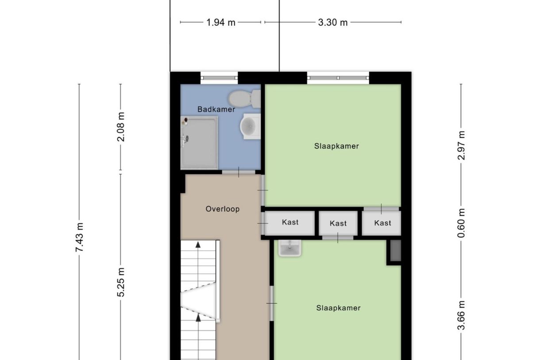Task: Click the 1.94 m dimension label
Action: point(221,23)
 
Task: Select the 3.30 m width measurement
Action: point(333,23)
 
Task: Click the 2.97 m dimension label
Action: point(461,145)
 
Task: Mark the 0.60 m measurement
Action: point(461,223)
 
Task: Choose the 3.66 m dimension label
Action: point(461,315)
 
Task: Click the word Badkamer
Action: point(216,109)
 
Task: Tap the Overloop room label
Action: point(223,209)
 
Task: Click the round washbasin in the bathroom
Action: point(250,127)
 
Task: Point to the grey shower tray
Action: point(199,143)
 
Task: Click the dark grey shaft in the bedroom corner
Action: point(394,252)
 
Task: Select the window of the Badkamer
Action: point(219,78)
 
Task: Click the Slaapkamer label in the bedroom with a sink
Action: point(338,308)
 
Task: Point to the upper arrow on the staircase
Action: point(199,244)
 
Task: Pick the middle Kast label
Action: point(338,224)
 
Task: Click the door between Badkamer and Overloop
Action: point(239,172)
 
